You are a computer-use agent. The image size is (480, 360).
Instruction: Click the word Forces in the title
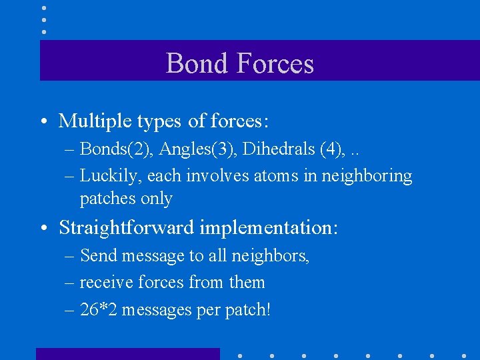pyautogui.click(x=275, y=63)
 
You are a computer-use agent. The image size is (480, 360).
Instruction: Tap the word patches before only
pyautogui.click(x=106, y=198)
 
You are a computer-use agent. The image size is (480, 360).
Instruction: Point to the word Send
pyautogui.click(x=97, y=255)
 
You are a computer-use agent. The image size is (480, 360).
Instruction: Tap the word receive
pyautogui.click(x=103, y=283)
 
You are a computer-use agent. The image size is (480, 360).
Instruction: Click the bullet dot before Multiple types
pyautogui.click(x=43, y=122)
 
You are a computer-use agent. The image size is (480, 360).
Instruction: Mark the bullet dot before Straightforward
pyautogui.click(x=43, y=229)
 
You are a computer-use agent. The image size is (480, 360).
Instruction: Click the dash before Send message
pyautogui.click(x=69, y=256)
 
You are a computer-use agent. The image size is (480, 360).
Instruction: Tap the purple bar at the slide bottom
pyautogui.click(x=127, y=353)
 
